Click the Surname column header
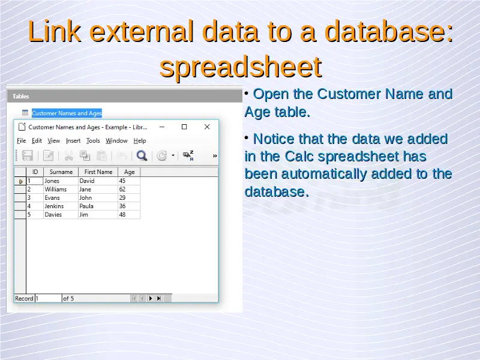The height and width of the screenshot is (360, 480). [61, 172]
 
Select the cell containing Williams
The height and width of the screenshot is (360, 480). [61, 189]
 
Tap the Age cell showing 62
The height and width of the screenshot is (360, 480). [129, 189]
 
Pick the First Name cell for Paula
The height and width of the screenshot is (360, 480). [98, 206]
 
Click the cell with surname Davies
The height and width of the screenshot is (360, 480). [61, 215]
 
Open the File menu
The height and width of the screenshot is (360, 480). [22, 141]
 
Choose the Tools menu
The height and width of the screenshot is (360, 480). [93, 141]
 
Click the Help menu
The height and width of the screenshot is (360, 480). [140, 141]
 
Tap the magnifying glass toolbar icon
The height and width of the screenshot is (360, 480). [142, 155]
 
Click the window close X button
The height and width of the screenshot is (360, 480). [207, 127]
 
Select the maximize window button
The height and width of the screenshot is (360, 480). [184, 127]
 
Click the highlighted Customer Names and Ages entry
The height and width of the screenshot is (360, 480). [67, 113]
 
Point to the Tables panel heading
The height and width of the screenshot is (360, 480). [21, 96]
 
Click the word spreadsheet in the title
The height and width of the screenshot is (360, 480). [241, 67]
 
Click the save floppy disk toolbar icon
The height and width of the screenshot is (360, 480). [27, 155]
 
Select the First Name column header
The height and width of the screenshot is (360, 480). [98, 172]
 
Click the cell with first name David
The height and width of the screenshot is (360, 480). [98, 181]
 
